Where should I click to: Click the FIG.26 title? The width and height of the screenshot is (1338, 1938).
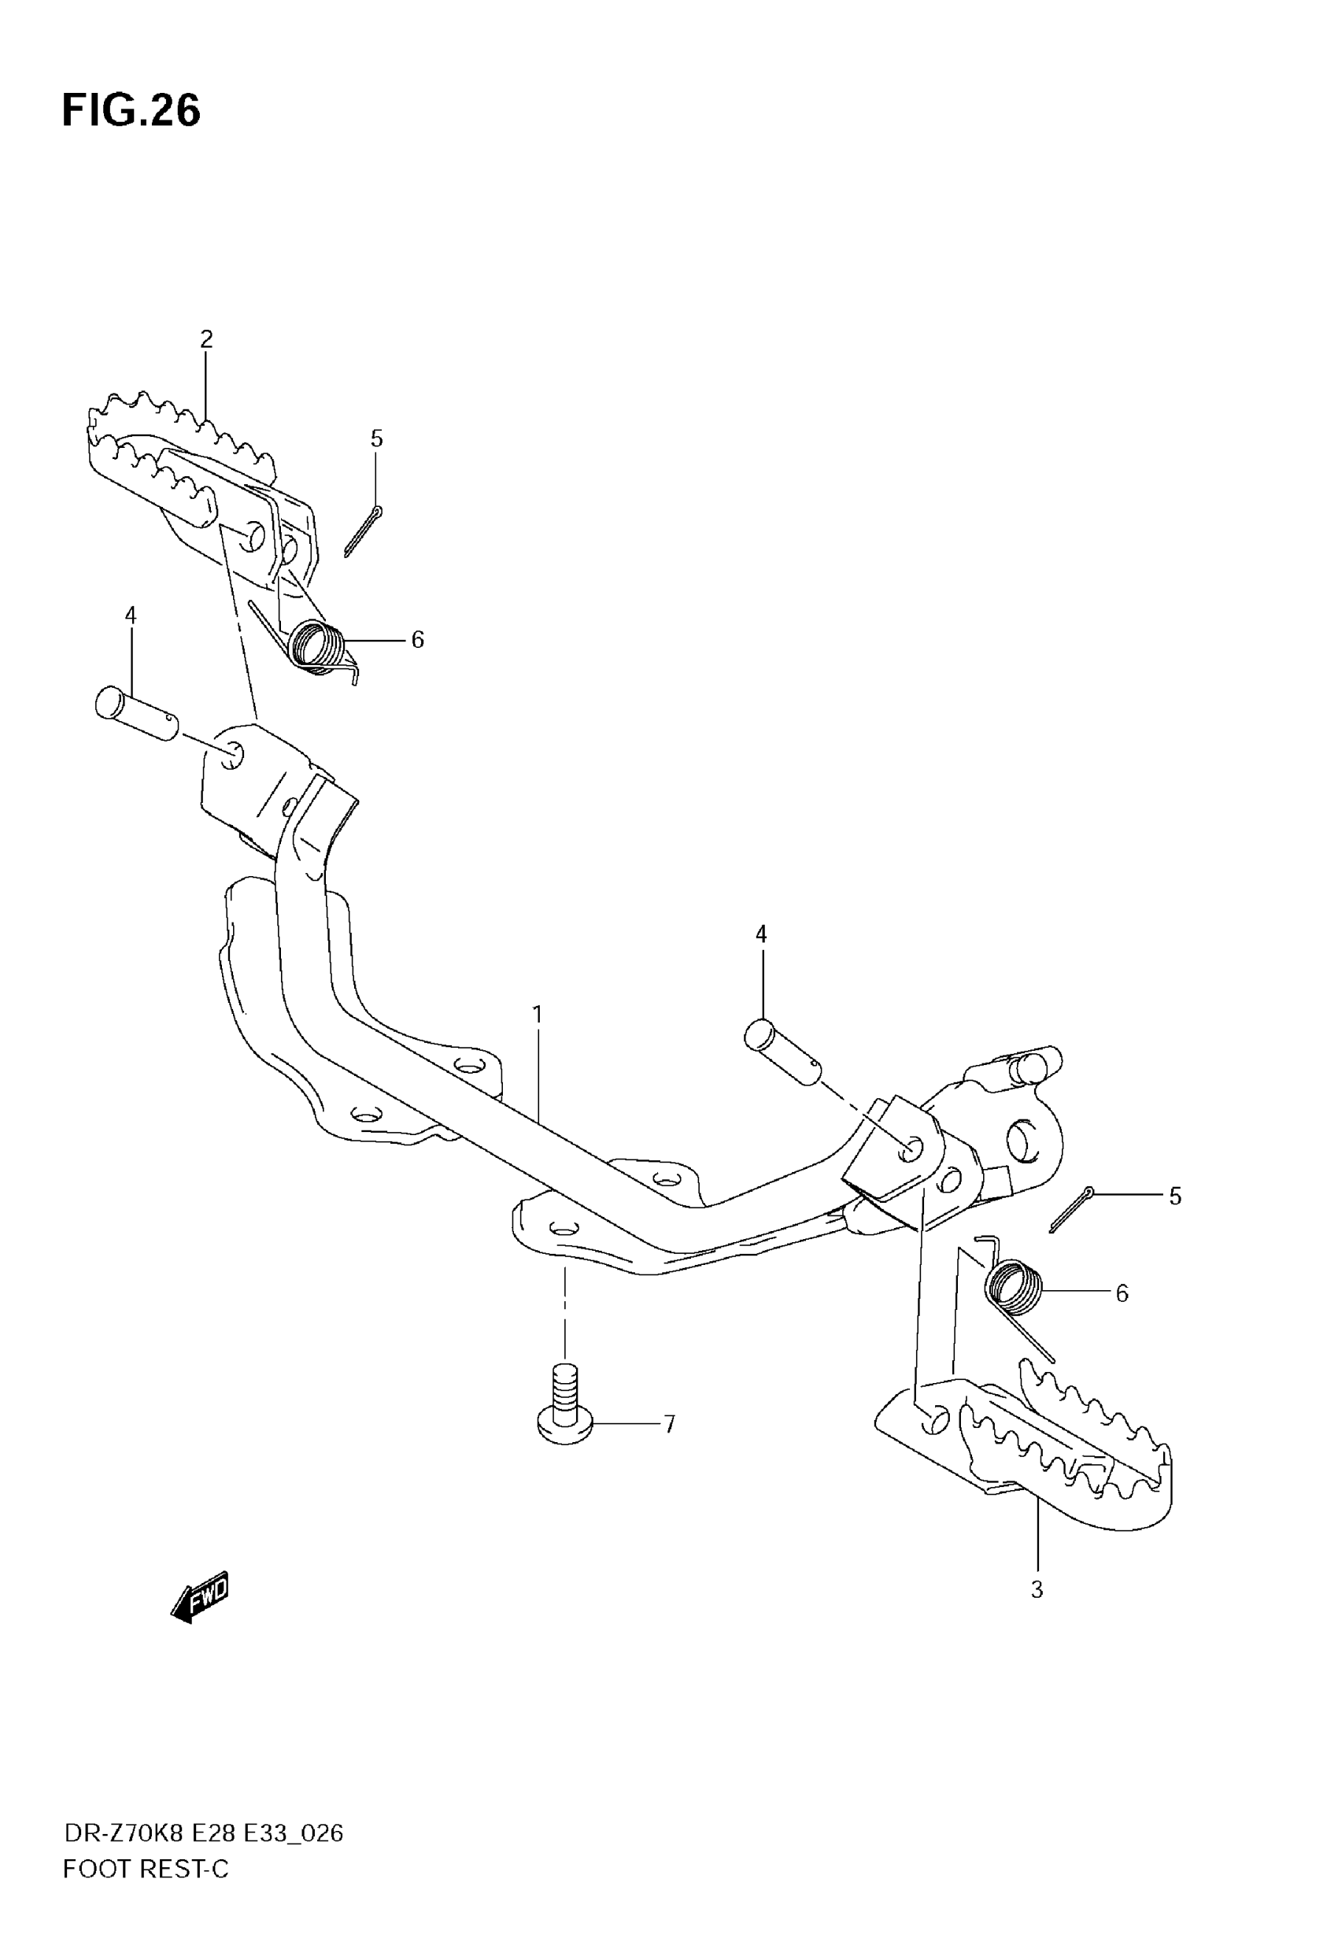(131, 111)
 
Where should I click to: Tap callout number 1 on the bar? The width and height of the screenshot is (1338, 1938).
(538, 1015)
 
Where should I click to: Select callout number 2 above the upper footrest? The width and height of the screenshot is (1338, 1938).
(206, 339)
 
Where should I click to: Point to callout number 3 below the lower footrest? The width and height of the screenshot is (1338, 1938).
(1037, 1589)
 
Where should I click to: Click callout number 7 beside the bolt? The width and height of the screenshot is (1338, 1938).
(669, 1424)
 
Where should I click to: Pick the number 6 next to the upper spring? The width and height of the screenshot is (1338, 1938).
(417, 641)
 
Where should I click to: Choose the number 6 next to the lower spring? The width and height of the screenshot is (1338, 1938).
(1122, 1293)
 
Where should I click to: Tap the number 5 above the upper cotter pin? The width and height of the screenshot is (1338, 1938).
(376, 438)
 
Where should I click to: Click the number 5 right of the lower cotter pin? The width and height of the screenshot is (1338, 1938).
(1174, 1196)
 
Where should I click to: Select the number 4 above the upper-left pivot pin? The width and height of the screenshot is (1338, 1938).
(130, 616)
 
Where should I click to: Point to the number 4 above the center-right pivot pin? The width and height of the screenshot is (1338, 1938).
(760, 934)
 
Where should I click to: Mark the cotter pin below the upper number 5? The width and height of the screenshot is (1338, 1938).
(363, 531)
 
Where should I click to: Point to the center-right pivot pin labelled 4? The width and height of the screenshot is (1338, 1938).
(783, 1052)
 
